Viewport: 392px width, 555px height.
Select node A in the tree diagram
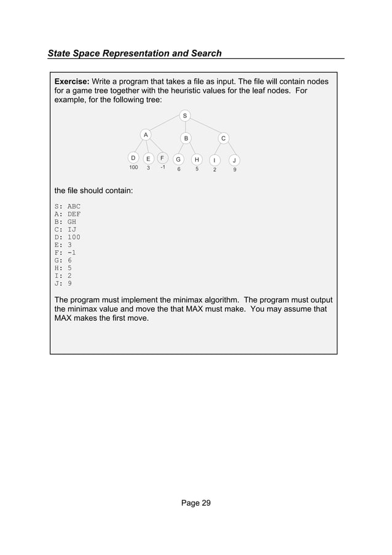(x=145, y=134)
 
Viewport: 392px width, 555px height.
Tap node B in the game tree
(x=185, y=138)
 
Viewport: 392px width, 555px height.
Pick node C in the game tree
(x=224, y=138)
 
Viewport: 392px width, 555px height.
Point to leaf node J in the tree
(x=234, y=160)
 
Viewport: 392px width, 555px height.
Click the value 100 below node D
(x=133, y=168)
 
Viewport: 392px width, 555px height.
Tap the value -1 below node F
(x=162, y=167)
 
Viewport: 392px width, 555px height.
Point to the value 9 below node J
(x=234, y=169)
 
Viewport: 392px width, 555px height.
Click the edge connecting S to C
(x=205, y=126)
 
